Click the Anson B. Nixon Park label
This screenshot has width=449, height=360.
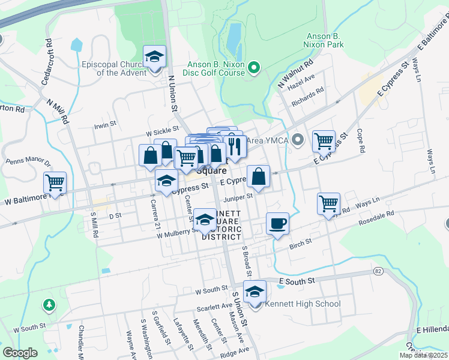click(325, 40)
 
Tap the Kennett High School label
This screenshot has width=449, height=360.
click(303, 304)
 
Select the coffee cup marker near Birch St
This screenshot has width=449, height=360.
click(277, 224)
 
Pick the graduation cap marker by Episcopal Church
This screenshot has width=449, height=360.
click(154, 58)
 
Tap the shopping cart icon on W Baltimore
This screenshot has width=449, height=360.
click(55, 182)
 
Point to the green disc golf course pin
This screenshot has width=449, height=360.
click(253, 67)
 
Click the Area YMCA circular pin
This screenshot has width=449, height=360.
click(300, 140)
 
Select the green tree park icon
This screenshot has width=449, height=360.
click(49, 305)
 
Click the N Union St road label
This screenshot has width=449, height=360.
click(172, 94)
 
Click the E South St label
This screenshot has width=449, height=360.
click(297, 280)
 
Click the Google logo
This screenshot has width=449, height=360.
click(19, 353)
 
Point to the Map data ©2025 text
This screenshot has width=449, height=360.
click(423, 355)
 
